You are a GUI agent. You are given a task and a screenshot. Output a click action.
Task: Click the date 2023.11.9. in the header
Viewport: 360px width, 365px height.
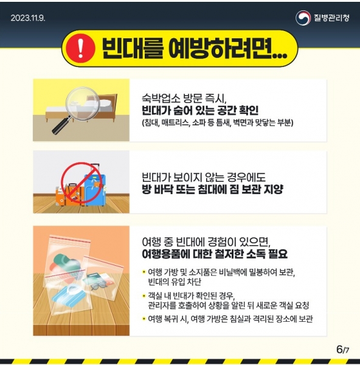28,18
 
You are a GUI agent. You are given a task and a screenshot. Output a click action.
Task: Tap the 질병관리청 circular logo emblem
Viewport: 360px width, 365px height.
303,18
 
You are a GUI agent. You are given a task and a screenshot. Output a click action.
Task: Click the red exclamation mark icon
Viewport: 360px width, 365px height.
80,49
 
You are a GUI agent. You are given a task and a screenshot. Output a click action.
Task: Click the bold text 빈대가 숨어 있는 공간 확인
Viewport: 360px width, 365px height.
200,110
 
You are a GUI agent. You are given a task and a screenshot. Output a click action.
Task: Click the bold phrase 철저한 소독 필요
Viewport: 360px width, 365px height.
248,254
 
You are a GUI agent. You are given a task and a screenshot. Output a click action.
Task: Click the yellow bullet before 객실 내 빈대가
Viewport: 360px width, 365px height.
144,296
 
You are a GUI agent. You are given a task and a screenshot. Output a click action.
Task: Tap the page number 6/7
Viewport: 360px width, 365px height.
342,349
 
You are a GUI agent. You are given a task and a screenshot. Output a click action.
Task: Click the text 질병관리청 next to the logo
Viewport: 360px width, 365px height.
331,18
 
